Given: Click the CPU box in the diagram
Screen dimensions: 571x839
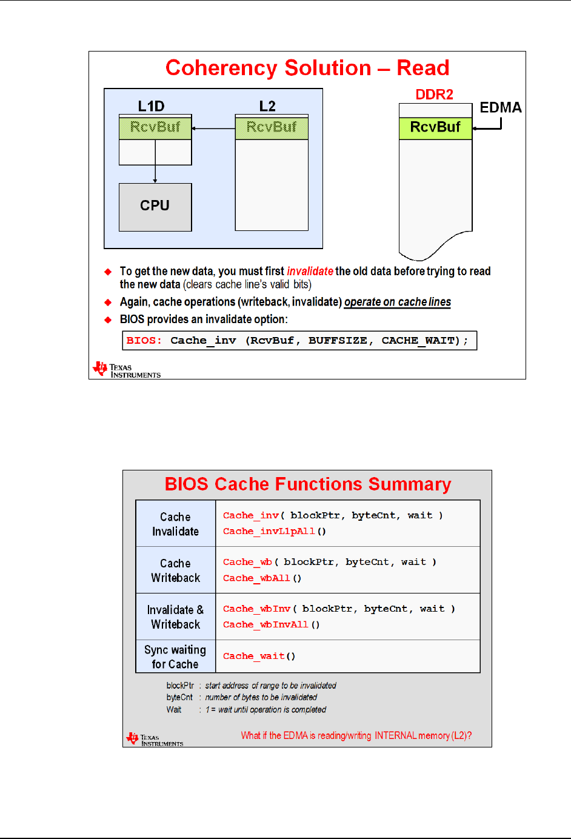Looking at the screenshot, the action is click(155, 207).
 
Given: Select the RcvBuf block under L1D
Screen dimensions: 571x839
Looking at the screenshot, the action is click(155, 127).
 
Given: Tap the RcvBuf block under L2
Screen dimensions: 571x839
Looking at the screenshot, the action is click(272, 127).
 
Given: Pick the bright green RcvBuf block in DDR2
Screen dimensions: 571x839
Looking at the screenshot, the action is click(435, 128).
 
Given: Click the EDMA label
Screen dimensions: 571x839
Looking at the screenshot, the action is click(500, 108).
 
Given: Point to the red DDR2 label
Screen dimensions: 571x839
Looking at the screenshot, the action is click(434, 95).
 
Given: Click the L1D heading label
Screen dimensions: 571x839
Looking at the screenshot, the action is click(151, 107).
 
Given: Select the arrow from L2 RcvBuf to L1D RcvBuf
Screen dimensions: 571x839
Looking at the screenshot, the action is click(213, 129).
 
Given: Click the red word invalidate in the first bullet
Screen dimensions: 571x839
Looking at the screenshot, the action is click(310, 271).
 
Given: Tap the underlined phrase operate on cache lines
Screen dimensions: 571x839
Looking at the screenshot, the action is click(397, 302).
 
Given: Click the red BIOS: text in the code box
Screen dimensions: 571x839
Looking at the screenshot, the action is click(144, 341).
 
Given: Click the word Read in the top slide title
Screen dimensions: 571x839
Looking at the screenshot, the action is click(422, 68).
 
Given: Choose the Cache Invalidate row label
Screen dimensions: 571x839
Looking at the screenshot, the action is click(175, 524).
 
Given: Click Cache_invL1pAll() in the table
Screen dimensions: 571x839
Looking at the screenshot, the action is click(274, 531).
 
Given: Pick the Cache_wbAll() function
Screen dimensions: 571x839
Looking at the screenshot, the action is click(262, 578).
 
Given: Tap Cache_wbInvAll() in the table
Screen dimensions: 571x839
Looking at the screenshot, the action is click(271, 624).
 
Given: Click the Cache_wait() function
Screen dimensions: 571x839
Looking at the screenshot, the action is click(259, 656).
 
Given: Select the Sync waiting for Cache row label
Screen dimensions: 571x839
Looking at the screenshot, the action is click(175, 657).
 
